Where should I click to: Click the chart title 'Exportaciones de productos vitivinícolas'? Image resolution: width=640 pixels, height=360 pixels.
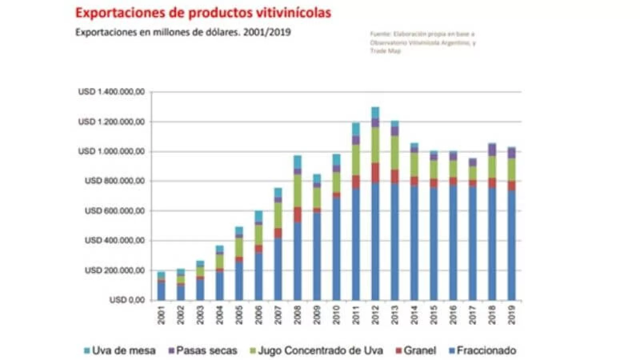203,13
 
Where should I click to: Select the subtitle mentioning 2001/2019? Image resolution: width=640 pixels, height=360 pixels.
183,32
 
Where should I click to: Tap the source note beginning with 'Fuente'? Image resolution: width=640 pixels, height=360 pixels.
422,42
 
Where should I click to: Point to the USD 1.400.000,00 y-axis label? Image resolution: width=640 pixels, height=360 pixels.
112,92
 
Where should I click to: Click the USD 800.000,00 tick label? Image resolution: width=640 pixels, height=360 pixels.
115,181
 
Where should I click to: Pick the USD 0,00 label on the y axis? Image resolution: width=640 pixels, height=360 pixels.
127,300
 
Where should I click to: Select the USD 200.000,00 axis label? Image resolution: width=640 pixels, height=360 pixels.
115,270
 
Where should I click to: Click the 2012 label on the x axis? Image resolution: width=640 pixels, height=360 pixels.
376,315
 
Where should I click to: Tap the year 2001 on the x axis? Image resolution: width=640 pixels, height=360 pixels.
161,315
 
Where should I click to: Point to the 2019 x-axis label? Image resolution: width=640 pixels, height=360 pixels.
512,315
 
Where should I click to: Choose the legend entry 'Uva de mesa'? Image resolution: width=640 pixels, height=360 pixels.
120,351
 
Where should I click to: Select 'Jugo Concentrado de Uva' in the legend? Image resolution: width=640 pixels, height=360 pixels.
316,351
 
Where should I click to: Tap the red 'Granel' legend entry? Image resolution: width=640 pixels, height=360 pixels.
416,351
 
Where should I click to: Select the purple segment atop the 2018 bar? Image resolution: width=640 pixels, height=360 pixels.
492,150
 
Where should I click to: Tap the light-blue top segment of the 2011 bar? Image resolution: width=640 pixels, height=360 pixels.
356,129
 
